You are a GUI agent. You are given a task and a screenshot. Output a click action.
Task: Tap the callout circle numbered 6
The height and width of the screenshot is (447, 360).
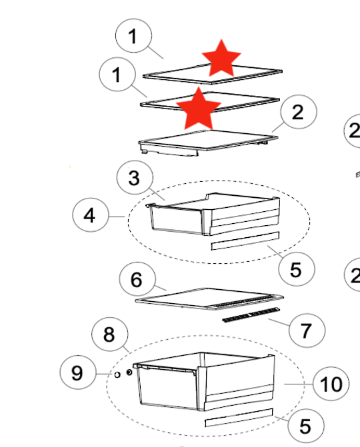click(137, 279)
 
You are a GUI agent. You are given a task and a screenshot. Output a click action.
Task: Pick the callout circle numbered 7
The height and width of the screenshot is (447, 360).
click(306, 330)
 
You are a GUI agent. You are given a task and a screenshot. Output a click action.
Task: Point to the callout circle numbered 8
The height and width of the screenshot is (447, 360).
click(109, 335)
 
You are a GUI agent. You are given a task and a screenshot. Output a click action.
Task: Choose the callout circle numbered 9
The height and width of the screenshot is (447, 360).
click(78, 373)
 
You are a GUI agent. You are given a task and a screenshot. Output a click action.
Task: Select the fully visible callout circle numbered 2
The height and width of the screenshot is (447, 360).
click(297, 112)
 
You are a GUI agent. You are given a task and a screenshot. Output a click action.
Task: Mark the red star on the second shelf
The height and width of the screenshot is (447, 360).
click(197, 110)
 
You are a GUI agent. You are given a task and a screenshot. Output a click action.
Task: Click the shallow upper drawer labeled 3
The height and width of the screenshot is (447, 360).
click(213, 213)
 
